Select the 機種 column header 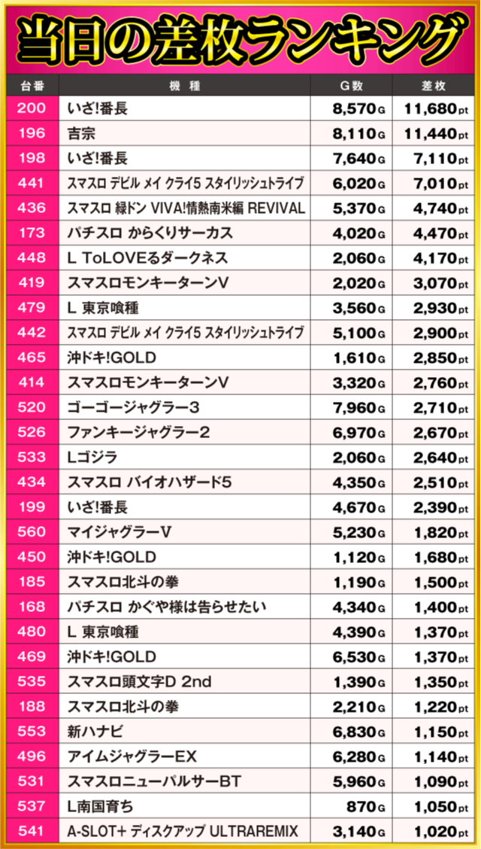[x=184, y=86]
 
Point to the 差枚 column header [x=437, y=86]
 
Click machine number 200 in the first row [x=31, y=109]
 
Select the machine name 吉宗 [x=80, y=134]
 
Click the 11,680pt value [x=435, y=109]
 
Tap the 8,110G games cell [x=358, y=134]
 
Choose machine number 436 [x=31, y=208]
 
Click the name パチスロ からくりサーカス [x=150, y=233]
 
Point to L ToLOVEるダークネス [x=147, y=258]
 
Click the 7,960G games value [x=358, y=408]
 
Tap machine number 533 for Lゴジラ [x=31, y=458]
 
